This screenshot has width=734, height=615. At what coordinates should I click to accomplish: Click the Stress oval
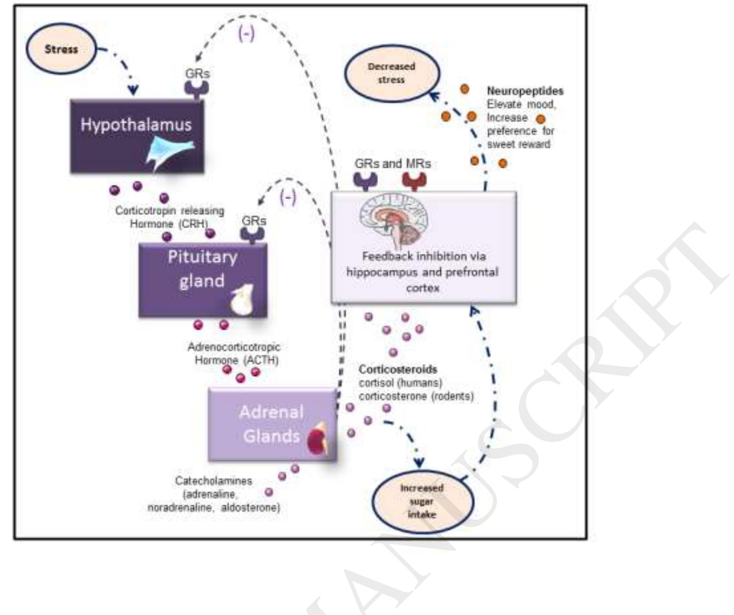62,49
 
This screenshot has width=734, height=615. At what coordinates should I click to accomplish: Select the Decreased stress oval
391,73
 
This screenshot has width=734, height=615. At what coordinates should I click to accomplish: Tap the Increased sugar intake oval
422,501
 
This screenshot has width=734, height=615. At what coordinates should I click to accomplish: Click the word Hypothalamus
136,125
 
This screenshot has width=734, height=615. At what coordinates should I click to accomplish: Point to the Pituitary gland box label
202,269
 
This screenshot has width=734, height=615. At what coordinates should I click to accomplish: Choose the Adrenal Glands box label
271,424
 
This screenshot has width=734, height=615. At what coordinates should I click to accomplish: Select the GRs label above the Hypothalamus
197,73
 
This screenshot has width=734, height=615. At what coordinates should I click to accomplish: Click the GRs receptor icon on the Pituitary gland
252,234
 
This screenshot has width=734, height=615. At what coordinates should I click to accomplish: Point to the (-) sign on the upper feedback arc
247,34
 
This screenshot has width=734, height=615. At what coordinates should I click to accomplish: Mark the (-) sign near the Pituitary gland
288,197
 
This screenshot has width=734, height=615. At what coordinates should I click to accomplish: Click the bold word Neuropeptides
525,91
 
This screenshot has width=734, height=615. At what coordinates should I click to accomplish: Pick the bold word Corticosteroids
398,369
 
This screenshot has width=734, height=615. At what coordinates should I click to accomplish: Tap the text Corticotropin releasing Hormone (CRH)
170,217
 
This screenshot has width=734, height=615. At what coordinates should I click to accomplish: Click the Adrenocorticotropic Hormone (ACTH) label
234,353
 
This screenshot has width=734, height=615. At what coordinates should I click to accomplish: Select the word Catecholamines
213,481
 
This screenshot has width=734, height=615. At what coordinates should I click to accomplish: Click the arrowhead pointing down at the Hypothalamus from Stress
133,89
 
